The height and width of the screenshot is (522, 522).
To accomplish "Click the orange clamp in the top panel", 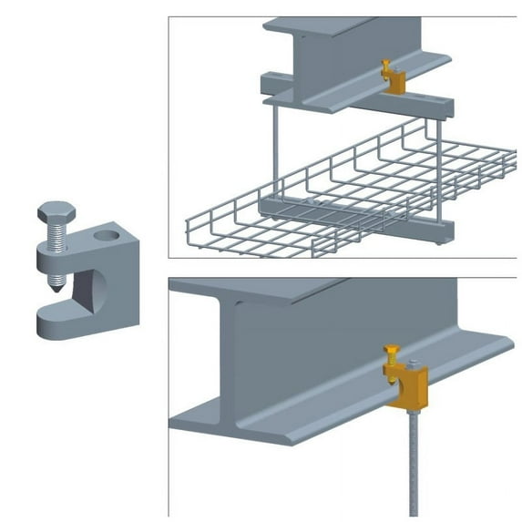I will [x=394, y=78].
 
